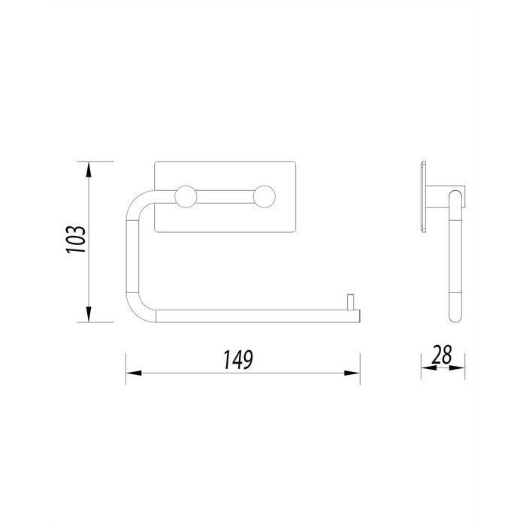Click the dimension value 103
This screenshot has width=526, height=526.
point(76,240)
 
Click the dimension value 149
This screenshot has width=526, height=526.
point(238,360)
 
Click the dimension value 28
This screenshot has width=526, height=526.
point(442,355)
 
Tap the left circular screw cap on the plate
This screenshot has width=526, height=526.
point(186,197)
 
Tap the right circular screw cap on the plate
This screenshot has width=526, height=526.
point(265,197)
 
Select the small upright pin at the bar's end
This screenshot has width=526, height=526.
point(350,302)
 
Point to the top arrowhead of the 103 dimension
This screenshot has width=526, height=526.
point(88,169)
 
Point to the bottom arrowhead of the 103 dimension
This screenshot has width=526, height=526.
point(88,314)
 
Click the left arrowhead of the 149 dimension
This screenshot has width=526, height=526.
point(134,373)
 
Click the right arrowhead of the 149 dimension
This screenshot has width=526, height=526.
point(352,373)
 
